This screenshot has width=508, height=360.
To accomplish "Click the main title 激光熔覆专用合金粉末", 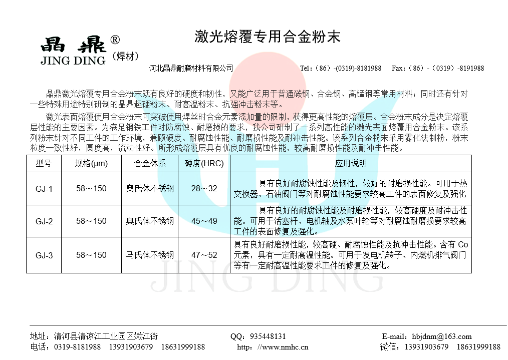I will (267, 37).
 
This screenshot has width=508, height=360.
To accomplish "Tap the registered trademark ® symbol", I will (114, 40).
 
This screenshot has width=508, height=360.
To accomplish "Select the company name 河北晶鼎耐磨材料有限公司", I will (191, 68).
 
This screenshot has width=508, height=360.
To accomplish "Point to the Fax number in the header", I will (437, 68).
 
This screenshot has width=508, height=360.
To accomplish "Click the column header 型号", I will (44, 163).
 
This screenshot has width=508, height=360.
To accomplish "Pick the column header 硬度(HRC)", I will (204, 163).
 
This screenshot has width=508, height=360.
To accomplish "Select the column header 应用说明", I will (351, 163).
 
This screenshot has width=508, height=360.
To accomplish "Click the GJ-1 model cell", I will (44, 189).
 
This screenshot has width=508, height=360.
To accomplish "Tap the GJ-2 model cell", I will (44, 221).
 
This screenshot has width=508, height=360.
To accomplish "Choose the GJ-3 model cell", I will (44, 255).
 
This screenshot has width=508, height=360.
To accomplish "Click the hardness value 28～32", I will (204, 189).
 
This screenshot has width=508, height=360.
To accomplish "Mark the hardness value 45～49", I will (204, 221).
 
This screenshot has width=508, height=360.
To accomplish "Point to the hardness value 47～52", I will (204, 255).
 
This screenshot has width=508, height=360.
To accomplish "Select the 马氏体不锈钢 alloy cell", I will (150, 255).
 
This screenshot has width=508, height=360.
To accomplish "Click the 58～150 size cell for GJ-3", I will (91, 255).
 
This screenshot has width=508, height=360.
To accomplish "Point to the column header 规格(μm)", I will (91, 163).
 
